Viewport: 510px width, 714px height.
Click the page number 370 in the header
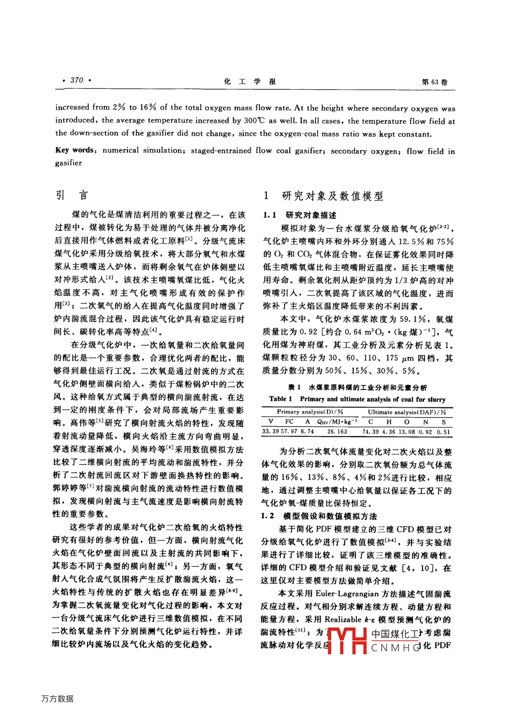(76, 81)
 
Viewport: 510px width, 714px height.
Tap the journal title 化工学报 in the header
(250, 82)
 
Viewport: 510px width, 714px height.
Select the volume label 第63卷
(434, 82)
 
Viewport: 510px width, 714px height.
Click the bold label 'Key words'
(75, 150)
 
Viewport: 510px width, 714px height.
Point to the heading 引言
(71, 195)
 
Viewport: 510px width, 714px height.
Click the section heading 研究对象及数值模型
(332, 196)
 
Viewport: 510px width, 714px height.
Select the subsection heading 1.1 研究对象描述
(300, 215)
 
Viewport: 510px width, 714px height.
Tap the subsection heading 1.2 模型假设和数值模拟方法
(319, 516)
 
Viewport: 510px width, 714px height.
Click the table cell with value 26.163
(337, 432)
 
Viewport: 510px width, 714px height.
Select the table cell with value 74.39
(371, 432)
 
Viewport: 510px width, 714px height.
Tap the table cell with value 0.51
(443, 432)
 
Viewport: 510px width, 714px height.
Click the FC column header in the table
(289, 422)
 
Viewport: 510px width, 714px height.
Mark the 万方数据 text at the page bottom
(57, 699)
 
